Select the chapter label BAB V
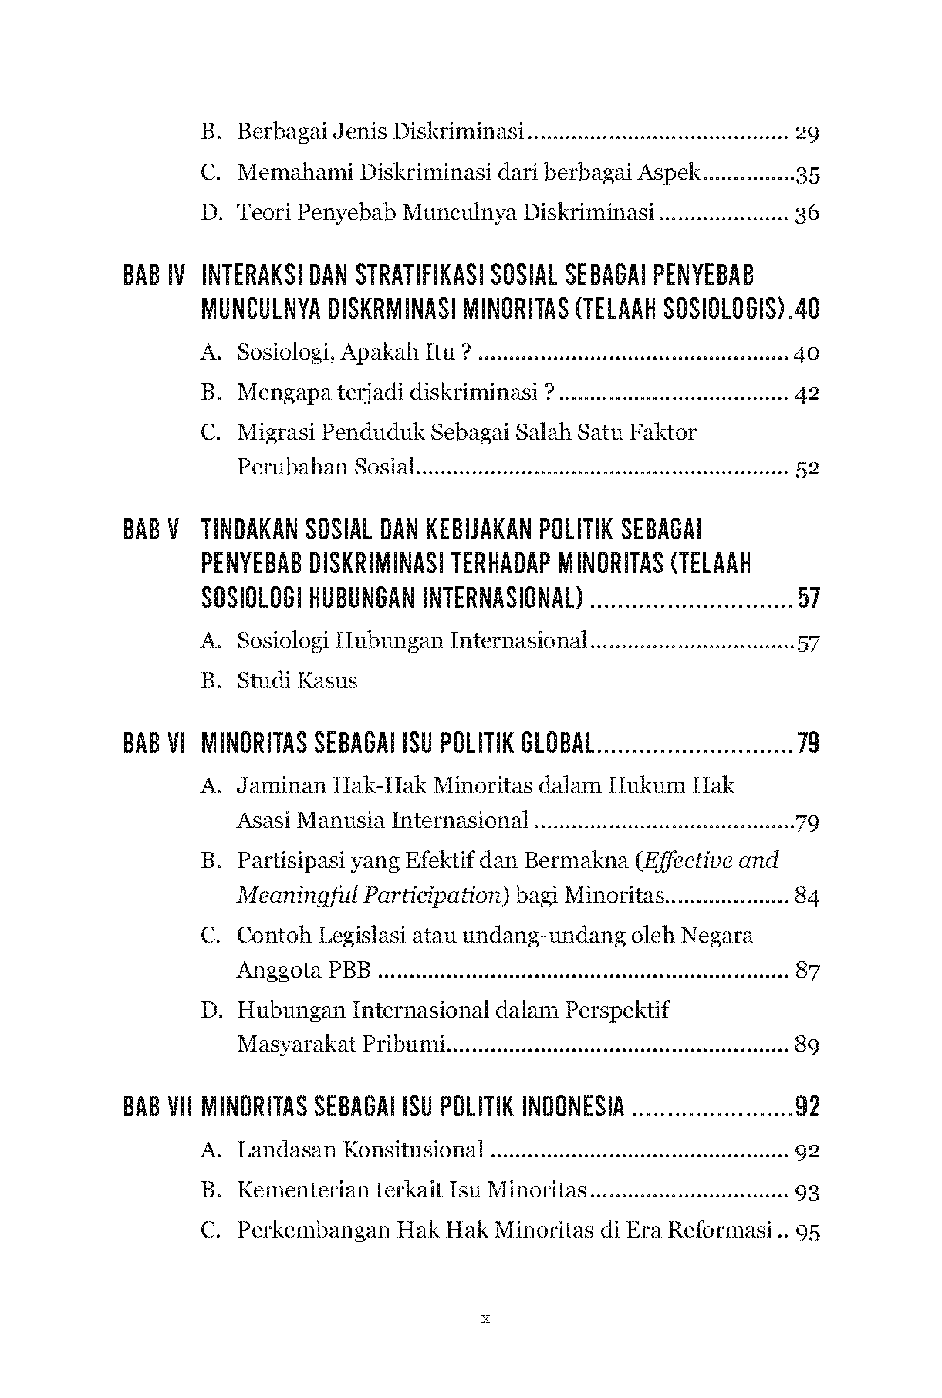coord(151,530)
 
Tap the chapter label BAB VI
coord(154,744)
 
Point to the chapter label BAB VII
coord(157,1107)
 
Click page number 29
coord(806,133)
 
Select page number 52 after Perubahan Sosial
coord(806,468)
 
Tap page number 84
coord(806,897)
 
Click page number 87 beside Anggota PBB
coord(806,971)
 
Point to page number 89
coord(806,1045)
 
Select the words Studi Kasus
coord(297,680)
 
